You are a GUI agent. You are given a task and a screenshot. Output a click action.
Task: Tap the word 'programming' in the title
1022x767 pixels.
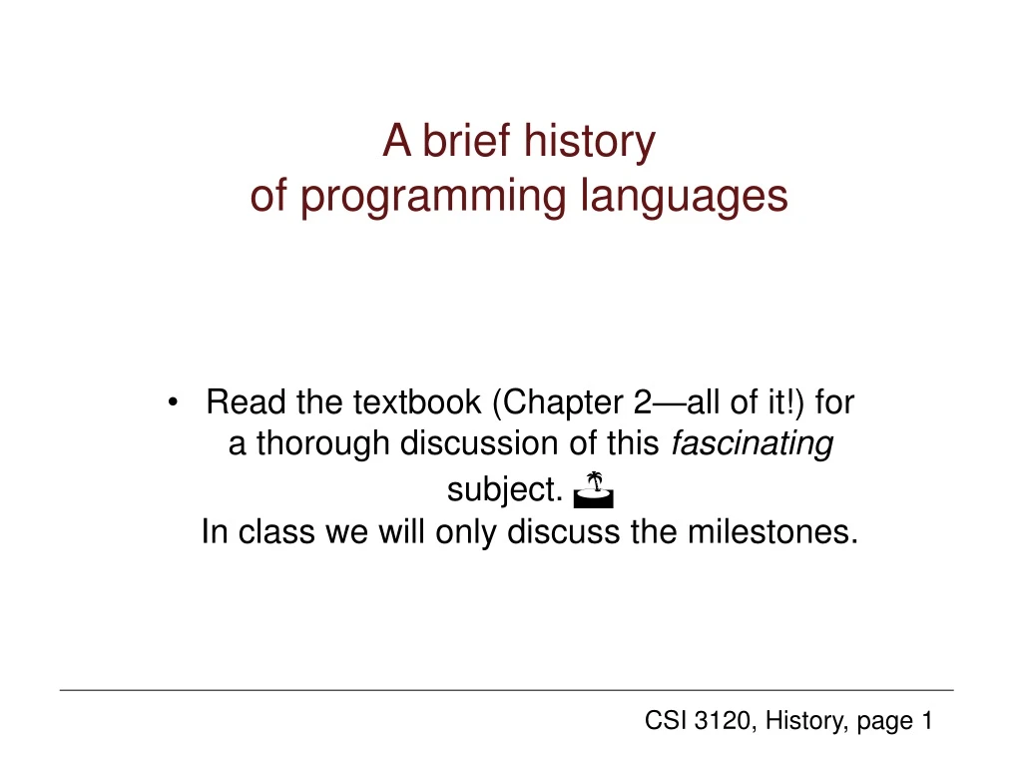[x=435, y=197]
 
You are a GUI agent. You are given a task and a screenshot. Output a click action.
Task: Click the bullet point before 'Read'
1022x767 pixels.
[x=176, y=403]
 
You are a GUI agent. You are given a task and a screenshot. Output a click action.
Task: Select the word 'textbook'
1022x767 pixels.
[x=417, y=402]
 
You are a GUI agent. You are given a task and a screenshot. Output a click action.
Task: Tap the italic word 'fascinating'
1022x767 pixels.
[x=753, y=443]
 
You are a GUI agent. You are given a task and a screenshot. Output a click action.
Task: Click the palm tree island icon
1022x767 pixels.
[x=594, y=486]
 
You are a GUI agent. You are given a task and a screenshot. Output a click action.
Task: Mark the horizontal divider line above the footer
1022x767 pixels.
[x=506, y=690]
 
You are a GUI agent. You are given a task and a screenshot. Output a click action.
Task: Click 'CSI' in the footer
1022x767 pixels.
[x=663, y=721]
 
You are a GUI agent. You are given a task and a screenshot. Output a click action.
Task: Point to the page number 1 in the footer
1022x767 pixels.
[x=926, y=721]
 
